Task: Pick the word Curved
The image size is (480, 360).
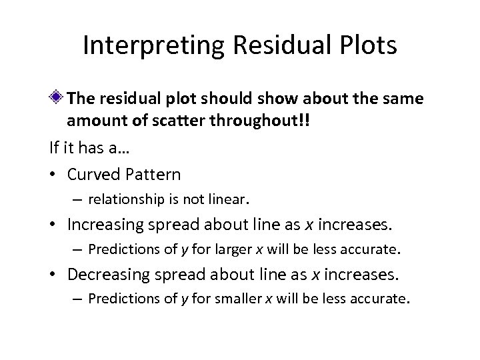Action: [91, 174]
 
